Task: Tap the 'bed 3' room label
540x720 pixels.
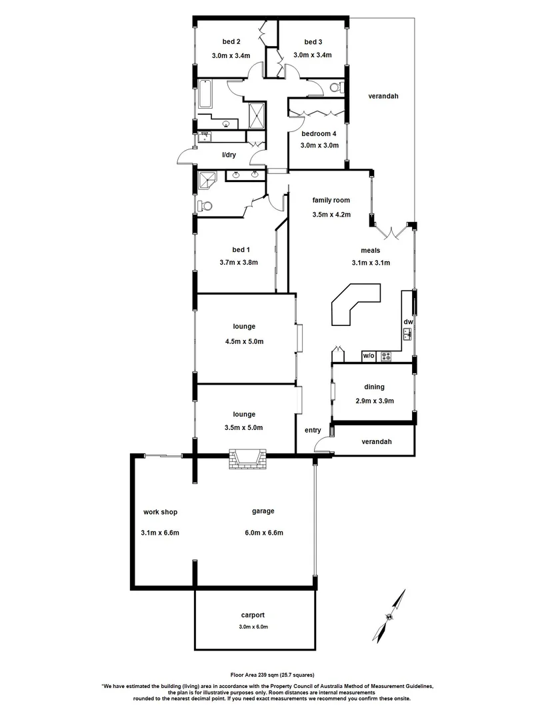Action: click(313, 41)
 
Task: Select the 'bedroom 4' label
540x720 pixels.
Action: click(318, 133)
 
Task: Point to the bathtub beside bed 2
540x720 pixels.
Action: click(205, 95)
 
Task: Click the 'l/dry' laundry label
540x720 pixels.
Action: click(229, 155)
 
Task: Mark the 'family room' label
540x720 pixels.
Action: click(331, 200)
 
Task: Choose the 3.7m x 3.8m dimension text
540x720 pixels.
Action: click(238, 262)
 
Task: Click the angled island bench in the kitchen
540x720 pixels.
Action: click(353, 304)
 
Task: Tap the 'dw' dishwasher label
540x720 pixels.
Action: click(408, 322)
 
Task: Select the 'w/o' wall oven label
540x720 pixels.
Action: click(369, 356)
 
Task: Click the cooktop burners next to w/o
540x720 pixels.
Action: click(385, 357)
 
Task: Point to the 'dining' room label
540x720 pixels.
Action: click(374, 387)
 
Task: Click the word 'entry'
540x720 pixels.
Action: click(313, 430)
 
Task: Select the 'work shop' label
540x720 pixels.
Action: click(160, 512)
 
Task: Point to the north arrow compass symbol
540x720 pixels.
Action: click(393, 613)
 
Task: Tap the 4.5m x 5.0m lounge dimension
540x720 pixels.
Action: click(244, 341)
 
